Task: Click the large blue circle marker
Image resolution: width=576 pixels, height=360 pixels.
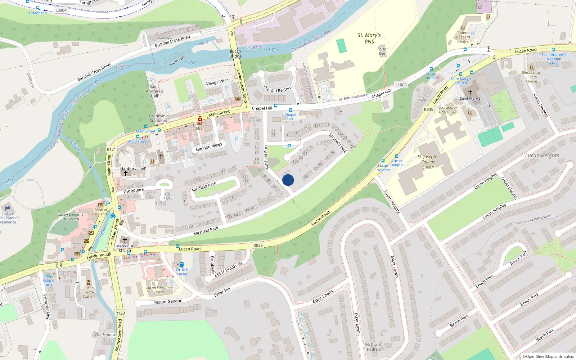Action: [288, 180]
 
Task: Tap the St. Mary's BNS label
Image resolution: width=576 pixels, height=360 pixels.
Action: [369, 38]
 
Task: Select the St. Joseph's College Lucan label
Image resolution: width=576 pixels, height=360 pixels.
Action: [428, 162]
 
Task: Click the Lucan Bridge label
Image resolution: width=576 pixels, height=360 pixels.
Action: [235, 54]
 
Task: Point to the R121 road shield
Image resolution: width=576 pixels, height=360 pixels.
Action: [111, 149]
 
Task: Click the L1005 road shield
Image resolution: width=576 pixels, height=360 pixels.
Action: [401, 85]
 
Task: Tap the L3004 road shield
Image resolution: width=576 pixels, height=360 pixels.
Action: [61, 10]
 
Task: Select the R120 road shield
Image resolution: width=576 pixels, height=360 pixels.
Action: [120, 313]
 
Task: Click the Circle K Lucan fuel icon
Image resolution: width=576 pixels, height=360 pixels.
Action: [182, 264]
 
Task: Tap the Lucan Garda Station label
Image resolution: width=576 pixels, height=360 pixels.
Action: [89, 292]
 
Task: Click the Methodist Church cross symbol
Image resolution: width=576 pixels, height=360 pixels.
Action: [125, 240]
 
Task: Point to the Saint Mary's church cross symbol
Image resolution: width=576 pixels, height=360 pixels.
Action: [470, 93]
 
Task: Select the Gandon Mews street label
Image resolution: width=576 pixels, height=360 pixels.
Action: [209, 147]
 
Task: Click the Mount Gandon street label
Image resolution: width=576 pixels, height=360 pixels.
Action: [168, 302]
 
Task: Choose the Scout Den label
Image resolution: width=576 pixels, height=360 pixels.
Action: [382, 51]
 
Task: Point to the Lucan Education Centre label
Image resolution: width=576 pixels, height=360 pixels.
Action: [159, 290]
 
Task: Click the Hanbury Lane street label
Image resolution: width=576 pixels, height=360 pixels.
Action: [133, 168]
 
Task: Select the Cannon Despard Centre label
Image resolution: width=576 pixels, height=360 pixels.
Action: [463, 37]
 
